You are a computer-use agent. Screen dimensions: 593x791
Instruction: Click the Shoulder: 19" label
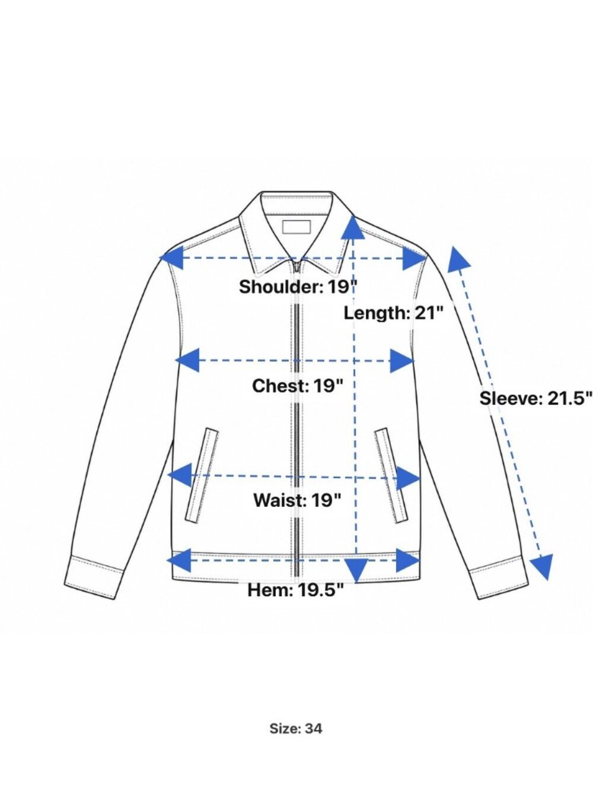pos(298,287)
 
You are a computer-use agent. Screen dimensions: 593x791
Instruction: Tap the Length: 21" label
pos(394,313)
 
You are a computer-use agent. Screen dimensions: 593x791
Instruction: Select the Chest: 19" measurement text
pos(298,386)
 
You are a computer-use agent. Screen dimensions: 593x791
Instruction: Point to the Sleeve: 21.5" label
pos(535,398)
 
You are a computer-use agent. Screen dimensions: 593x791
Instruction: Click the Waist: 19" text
pos(297,501)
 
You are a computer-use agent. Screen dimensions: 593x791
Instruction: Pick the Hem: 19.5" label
pos(295,590)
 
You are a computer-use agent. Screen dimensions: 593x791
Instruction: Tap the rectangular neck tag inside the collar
pos(296,227)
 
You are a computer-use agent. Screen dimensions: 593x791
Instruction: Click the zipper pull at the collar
pos(297,268)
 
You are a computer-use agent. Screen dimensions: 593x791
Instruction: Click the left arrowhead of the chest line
pos(187,360)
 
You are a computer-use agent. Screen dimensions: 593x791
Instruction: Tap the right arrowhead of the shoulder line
pos(415,258)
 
